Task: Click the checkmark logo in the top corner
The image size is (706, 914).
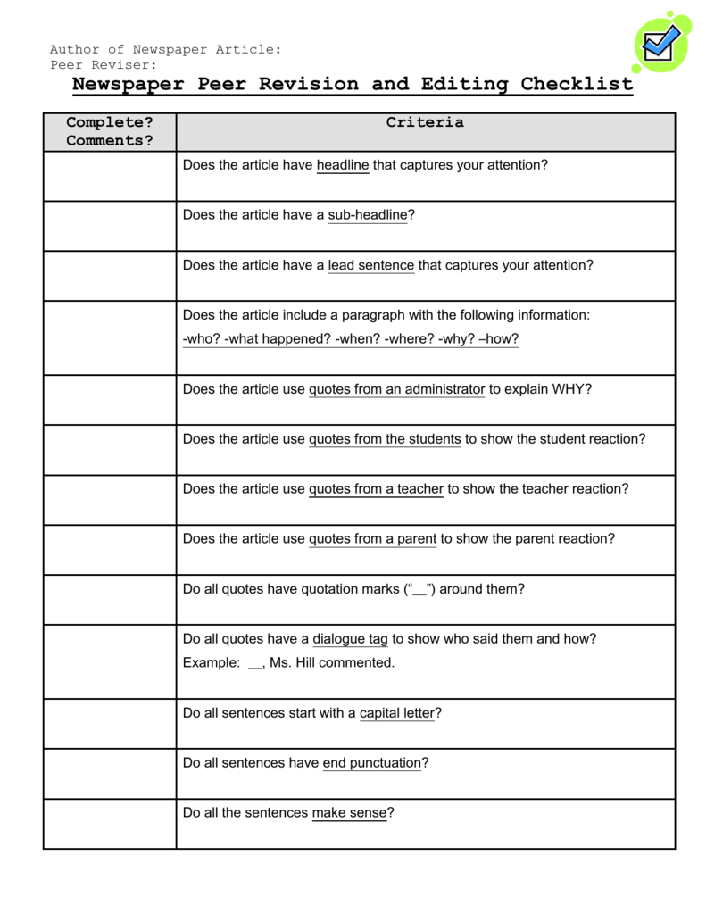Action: pos(661,42)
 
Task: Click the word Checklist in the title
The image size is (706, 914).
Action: pos(577,85)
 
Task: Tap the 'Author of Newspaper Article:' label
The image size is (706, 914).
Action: pos(166,49)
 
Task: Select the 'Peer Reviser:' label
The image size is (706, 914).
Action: pos(104,65)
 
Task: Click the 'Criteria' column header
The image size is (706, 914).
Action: pos(425,123)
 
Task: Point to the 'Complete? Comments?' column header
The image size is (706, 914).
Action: pos(110,131)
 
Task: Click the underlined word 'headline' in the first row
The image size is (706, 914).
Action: pos(343,165)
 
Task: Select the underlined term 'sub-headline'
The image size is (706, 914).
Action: pos(368,215)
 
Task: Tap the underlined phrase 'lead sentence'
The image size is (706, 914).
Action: pos(371,265)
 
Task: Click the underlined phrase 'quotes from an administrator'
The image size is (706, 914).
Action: pos(396,389)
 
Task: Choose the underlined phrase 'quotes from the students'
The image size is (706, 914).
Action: pos(385,439)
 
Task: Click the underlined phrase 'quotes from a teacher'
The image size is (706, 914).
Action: pos(376,489)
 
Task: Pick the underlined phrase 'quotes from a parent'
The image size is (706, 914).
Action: pos(372,539)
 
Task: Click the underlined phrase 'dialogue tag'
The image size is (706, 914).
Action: pos(350,639)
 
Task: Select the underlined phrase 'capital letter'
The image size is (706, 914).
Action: pos(396,713)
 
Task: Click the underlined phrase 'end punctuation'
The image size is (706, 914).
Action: pos(371,763)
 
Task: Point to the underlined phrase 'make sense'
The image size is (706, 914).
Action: pos(349,813)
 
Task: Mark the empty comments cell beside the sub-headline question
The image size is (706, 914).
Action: pos(110,226)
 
